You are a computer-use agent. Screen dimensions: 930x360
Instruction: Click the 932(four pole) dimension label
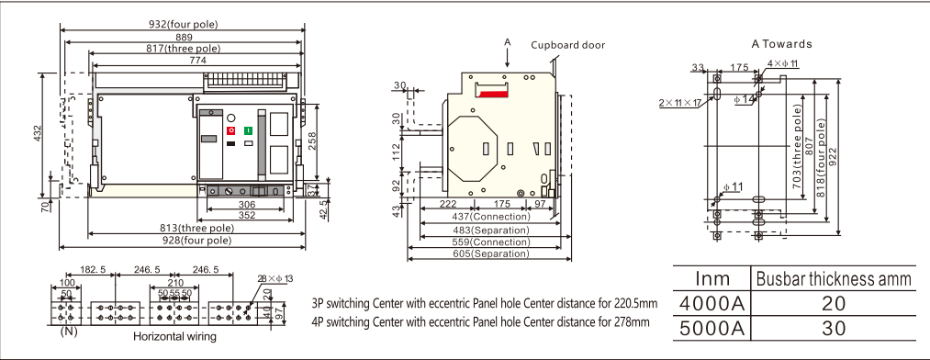[x=184, y=24]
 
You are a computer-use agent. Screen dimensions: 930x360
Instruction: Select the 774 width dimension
[x=197, y=60]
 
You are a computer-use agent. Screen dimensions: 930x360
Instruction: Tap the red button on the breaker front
[x=231, y=130]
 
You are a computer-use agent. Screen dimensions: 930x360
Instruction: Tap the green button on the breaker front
[x=249, y=130]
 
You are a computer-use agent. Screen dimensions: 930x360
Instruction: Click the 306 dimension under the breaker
[x=246, y=205]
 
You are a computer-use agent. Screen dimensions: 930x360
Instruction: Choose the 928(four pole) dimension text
[x=196, y=241]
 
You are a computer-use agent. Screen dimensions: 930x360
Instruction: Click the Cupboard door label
[x=567, y=45]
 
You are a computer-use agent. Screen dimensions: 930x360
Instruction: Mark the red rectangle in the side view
[x=493, y=94]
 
